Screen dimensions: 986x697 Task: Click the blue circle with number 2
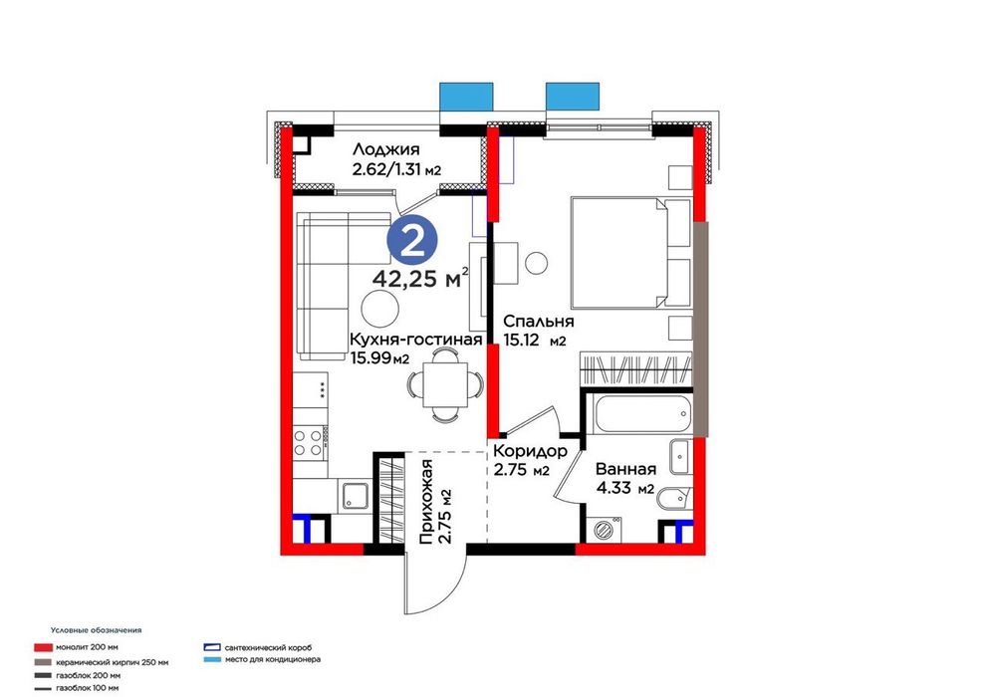click(x=412, y=241)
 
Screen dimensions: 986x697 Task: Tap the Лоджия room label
click(x=385, y=149)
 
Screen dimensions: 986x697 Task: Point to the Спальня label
click(x=538, y=322)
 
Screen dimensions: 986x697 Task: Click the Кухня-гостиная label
click(x=415, y=340)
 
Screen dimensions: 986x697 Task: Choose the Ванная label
click(x=625, y=469)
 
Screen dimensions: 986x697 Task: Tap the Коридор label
click(x=530, y=451)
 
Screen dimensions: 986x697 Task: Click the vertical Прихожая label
click(x=427, y=502)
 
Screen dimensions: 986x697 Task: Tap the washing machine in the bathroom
click(x=604, y=529)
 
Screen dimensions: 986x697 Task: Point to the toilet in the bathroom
click(x=673, y=500)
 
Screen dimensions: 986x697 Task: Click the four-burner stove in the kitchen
click(x=308, y=442)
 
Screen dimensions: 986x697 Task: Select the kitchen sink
click(x=356, y=494)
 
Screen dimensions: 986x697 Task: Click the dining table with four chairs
click(x=445, y=384)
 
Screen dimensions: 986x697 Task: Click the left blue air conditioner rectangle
click(x=466, y=97)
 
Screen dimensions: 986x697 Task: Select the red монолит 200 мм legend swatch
click(x=42, y=647)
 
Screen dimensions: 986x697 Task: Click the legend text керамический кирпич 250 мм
click(x=112, y=662)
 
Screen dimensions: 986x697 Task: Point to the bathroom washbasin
click(x=680, y=456)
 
